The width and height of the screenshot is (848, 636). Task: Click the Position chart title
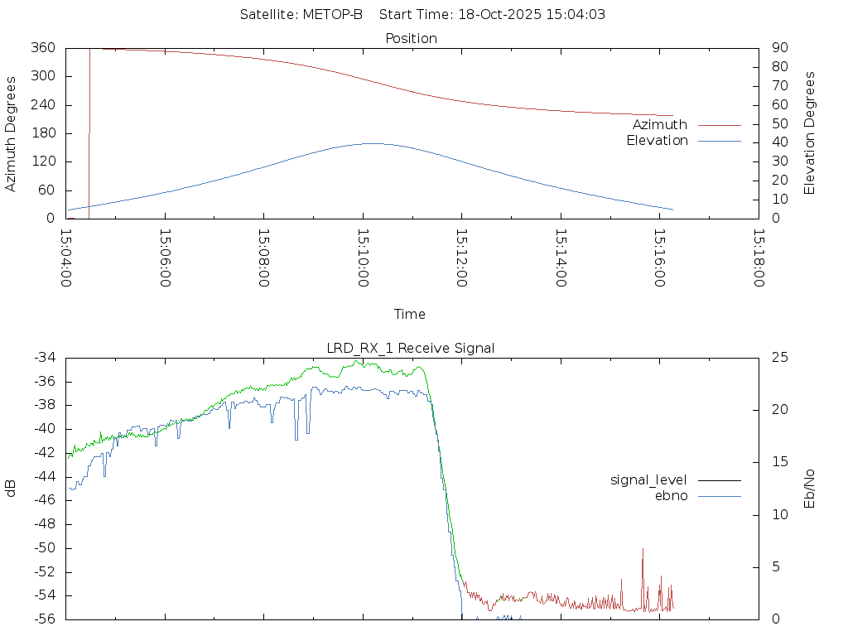click(412, 38)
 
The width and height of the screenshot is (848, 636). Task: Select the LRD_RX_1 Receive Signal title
click(412, 348)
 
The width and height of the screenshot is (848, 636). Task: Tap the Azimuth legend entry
click(660, 124)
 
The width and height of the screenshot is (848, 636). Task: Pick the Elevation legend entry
click(657, 141)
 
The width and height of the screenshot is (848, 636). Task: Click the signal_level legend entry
click(648, 479)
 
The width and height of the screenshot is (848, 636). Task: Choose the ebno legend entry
click(672, 495)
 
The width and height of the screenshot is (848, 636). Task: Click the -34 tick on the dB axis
click(44, 358)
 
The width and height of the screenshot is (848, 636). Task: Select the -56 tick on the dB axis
click(44, 619)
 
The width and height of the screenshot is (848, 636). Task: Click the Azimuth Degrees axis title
click(12, 133)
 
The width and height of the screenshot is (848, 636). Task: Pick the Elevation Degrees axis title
click(811, 133)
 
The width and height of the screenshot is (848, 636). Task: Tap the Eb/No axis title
click(811, 488)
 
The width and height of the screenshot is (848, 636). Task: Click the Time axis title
click(410, 315)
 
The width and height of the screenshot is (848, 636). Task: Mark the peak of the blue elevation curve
click(373, 143)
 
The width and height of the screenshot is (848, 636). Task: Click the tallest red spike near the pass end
click(643, 549)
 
